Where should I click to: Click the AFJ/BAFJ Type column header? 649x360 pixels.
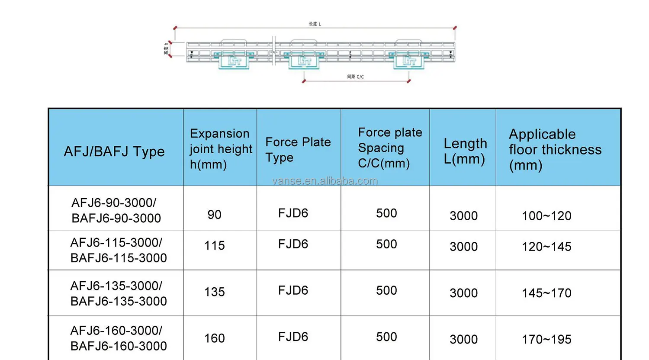[114, 151]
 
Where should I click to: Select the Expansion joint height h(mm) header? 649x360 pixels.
[220, 149]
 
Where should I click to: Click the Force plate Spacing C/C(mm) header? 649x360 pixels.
[389, 148]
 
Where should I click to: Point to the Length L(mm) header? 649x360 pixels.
[465, 151]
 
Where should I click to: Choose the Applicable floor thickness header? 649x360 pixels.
[555, 149]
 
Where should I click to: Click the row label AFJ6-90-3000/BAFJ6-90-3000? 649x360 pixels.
[116, 210]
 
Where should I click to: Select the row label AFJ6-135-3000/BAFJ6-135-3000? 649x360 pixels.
[118, 293]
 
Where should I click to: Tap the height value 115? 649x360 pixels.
[215, 245]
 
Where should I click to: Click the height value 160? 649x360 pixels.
[215, 338]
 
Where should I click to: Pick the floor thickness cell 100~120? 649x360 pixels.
[546, 215]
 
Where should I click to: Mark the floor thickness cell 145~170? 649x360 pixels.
[546, 293]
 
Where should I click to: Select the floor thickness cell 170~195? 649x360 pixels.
[546, 339]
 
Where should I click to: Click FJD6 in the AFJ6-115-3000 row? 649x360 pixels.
[293, 244]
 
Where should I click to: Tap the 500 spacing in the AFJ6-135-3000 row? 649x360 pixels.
[386, 290]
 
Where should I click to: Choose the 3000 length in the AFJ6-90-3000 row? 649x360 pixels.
[463, 215]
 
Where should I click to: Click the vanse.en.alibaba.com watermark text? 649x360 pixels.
[325, 181]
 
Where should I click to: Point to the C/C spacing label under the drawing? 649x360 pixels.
[355, 77]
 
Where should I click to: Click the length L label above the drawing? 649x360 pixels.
[315, 24]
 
